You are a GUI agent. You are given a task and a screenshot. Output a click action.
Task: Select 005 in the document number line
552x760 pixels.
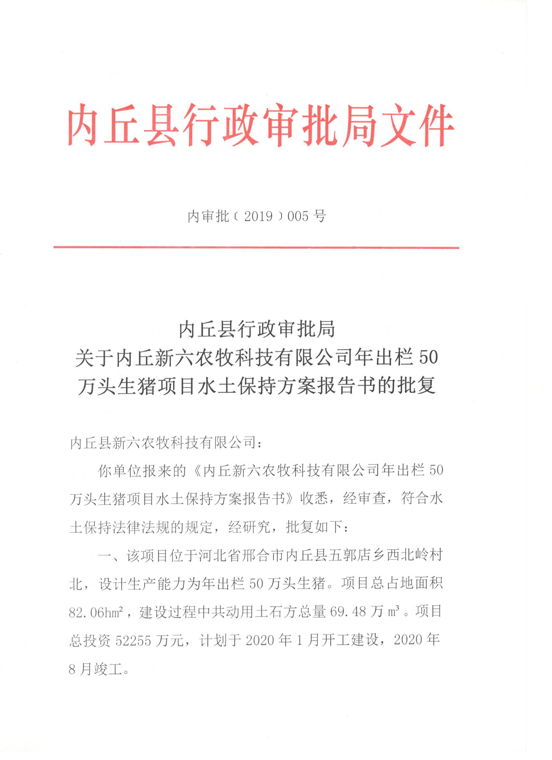click(x=298, y=216)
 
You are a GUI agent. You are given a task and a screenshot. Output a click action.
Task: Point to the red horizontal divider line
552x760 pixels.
click(x=256, y=248)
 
